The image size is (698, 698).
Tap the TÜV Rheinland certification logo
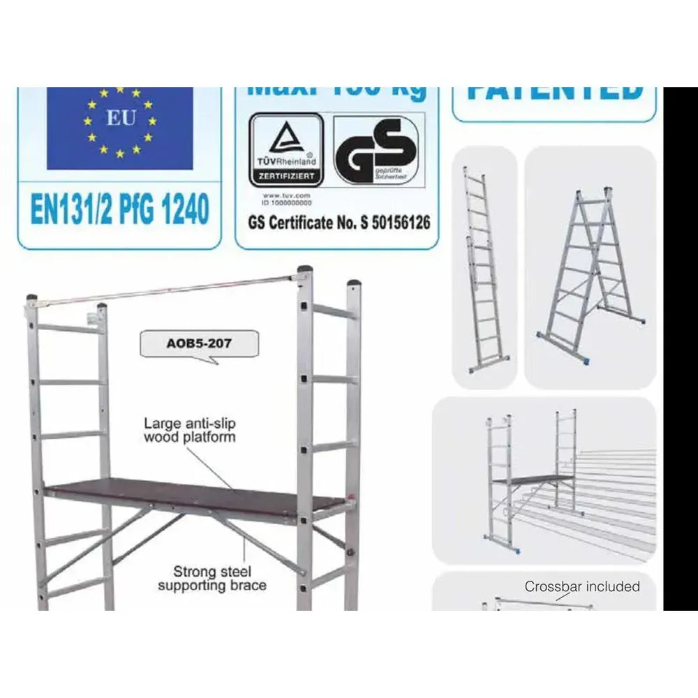click(x=286, y=149)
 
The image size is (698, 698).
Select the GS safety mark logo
click(x=378, y=151)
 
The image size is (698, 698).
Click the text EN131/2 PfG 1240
click(x=119, y=210)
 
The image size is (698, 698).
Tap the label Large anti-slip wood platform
click(x=189, y=430)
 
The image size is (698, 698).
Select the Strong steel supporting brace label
click(x=211, y=579)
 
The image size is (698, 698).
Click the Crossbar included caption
click(x=581, y=586)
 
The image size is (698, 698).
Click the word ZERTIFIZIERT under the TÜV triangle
click(x=286, y=177)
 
